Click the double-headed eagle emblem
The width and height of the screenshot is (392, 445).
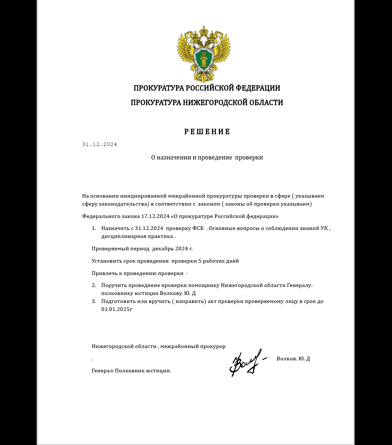(x=204, y=54)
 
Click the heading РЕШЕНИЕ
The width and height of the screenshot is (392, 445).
(x=207, y=132)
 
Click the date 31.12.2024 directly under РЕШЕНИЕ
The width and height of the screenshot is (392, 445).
(x=100, y=144)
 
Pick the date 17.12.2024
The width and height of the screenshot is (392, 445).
(x=155, y=216)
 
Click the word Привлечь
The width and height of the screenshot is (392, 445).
(x=103, y=273)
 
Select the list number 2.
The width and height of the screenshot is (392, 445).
(x=94, y=285)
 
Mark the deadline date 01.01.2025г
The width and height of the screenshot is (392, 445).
(x=117, y=309)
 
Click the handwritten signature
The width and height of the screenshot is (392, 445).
(x=247, y=362)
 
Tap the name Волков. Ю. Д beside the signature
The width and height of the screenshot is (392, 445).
(x=293, y=359)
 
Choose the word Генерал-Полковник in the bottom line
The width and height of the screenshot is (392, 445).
(x=118, y=371)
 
